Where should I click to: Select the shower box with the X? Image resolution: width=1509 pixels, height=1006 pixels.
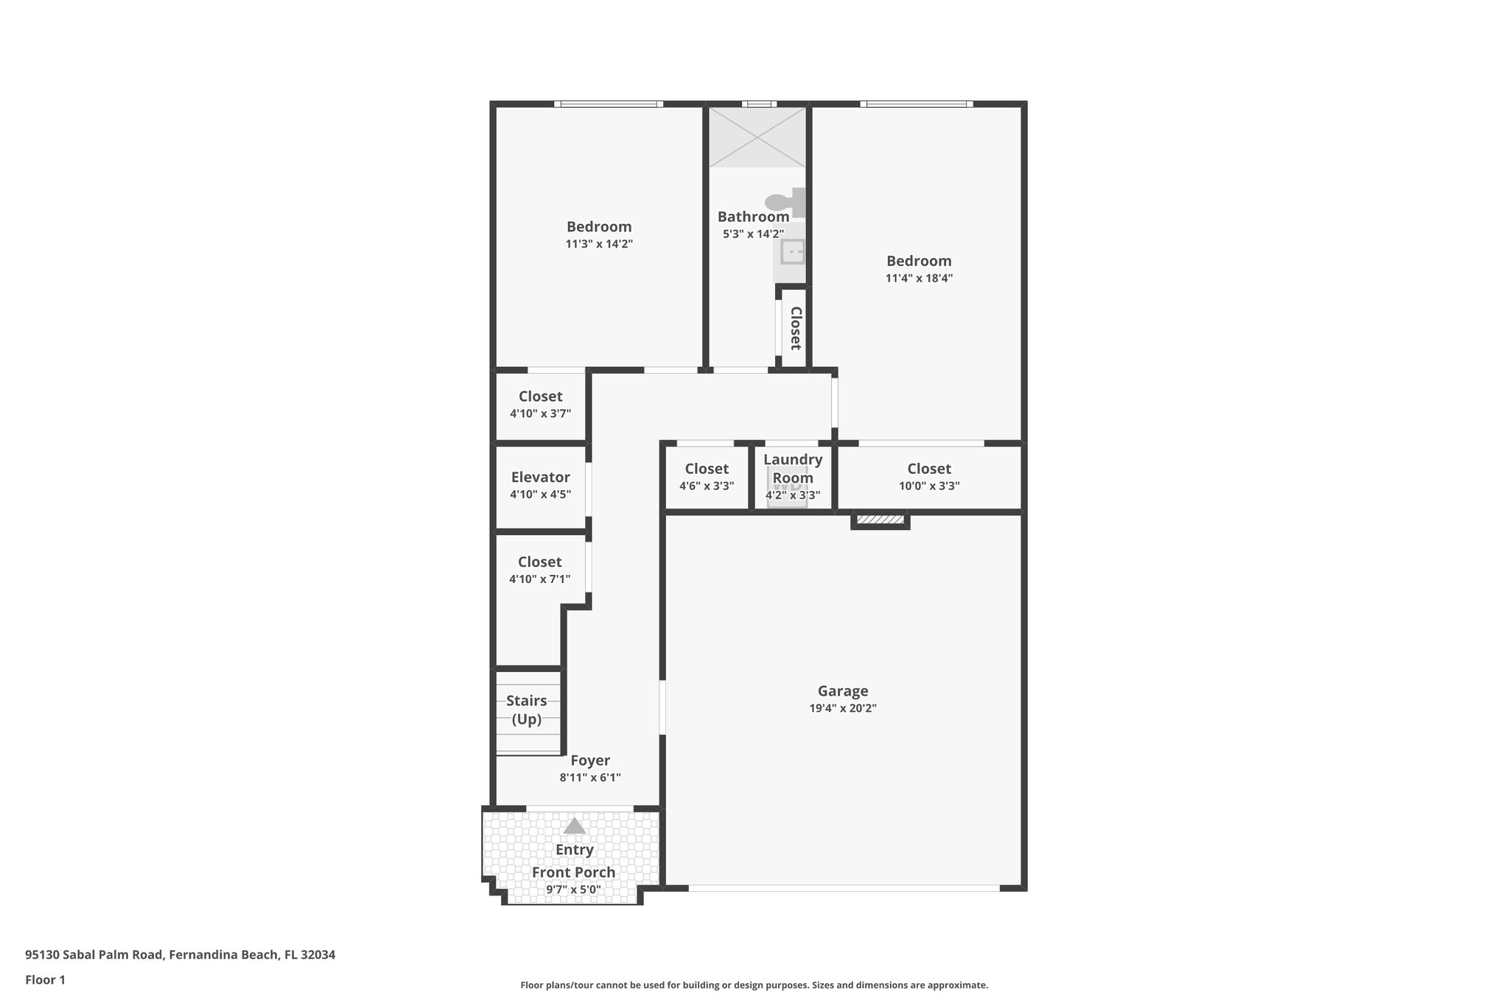click(x=757, y=137)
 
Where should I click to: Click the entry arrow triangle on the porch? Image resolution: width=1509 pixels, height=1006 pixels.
click(x=574, y=826)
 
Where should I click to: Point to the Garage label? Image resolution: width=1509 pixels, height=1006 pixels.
click(x=843, y=691)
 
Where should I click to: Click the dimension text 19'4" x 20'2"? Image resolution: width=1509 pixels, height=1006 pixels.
click(x=843, y=709)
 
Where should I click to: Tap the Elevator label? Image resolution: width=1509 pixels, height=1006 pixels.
click(x=540, y=478)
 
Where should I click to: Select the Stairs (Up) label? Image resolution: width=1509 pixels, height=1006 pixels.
click(x=527, y=710)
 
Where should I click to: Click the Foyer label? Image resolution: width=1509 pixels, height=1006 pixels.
click(x=590, y=761)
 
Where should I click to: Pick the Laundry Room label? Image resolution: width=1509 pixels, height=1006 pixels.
click(x=793, y=468)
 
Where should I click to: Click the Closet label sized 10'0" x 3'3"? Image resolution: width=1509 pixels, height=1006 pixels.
click(x=929, y=469)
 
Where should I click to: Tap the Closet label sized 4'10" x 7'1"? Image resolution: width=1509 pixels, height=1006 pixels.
click(x=539, y=562)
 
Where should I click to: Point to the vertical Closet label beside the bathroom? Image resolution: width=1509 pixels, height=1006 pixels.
click(x=796, y=328)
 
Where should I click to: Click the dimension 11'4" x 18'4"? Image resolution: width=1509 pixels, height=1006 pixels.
click(x=919, y=279)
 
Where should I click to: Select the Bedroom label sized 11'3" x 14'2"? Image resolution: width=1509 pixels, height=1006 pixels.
click(x=599, y=227)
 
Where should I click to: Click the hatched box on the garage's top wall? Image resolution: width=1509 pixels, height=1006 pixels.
click(x=880, y=520)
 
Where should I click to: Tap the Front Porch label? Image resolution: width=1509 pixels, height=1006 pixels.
click(x=573, y=873)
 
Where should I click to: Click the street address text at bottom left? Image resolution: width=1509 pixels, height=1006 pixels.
click(x=180, y=954)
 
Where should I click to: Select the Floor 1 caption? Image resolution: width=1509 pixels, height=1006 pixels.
click(x=45, y=979)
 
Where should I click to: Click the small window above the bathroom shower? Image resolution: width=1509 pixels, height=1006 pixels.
click(x=759, y=104)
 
